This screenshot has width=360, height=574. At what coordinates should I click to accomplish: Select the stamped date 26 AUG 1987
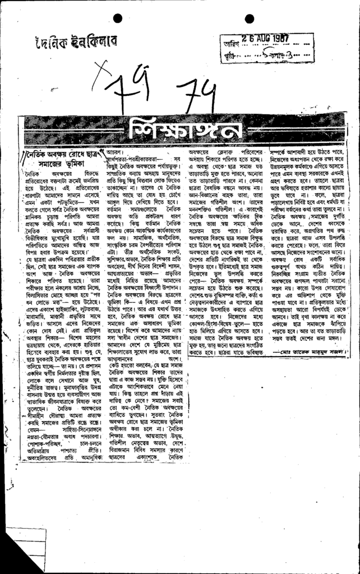tap(261, 38)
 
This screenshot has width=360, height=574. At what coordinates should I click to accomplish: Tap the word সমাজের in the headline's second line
tap(58, 161)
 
